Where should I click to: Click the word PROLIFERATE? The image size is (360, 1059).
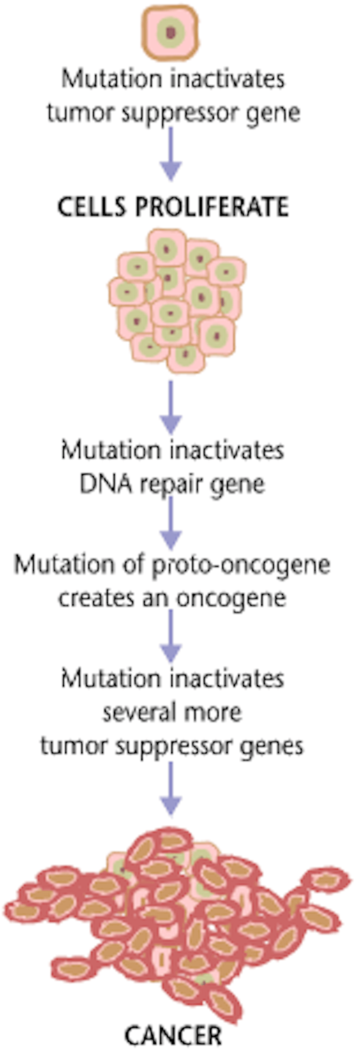click(x=212, y=207)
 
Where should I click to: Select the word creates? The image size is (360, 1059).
click(x=97, y=599)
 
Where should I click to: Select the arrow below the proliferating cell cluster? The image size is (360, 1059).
click(x=171, y=407)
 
